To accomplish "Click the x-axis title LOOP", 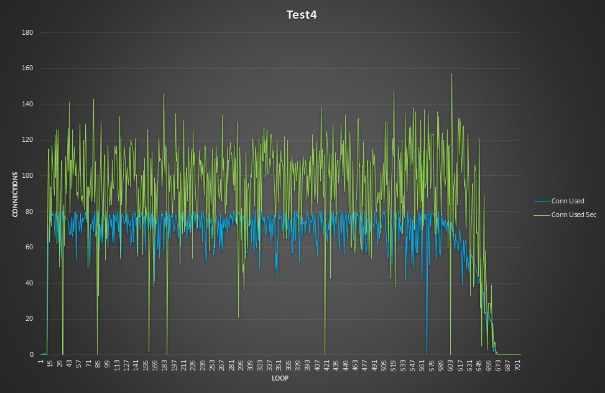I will coord(280,378).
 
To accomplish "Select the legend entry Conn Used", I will coord(568,201).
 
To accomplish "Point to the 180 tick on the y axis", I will coord(28,32).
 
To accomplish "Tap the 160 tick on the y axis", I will coord(28,68).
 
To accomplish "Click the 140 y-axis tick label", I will coord(28,104).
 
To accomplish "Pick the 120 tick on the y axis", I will coord(28,140).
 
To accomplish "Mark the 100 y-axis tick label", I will coord(28,176).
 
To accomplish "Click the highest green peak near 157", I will coord(451,75).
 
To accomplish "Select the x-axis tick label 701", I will coord(517,364).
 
